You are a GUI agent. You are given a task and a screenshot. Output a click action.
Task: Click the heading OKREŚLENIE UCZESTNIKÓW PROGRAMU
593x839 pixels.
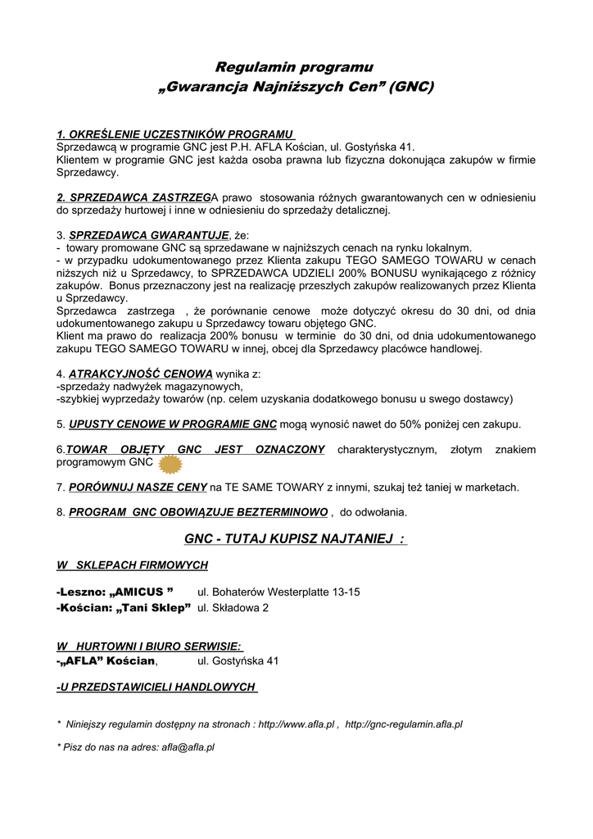(174, 134)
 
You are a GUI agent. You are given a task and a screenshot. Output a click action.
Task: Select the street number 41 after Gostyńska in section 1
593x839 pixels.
(407, 147)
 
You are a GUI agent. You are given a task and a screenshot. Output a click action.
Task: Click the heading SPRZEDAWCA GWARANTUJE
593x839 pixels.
(149, 235)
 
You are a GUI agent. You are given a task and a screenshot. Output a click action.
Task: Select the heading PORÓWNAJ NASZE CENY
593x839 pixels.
(138, 488)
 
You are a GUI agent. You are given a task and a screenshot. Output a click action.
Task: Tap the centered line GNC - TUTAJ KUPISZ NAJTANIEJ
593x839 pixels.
(296, 538)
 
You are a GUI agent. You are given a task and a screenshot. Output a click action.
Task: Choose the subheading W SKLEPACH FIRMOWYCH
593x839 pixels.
(132, 565)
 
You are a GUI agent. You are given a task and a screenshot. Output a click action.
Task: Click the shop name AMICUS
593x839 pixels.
(143, 592)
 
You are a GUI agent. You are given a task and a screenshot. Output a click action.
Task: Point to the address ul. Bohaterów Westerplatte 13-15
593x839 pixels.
(278, 592)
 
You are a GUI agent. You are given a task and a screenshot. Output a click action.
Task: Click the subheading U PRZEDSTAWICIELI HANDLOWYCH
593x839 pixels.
(156, 687)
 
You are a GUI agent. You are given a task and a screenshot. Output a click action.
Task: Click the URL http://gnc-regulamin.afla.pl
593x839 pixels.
(404, 725)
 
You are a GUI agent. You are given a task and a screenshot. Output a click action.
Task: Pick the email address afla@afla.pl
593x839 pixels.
(188, 747)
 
